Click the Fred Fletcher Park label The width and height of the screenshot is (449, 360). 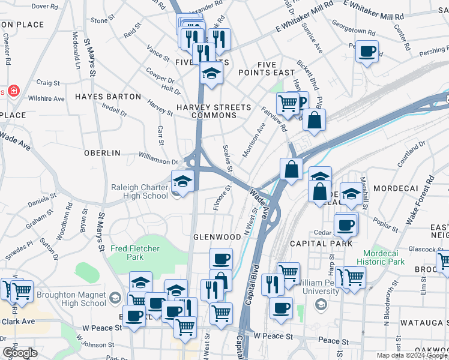click(127, 253)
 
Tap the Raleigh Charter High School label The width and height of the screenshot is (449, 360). click(139, 191)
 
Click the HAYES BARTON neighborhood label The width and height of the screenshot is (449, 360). click(107, 97)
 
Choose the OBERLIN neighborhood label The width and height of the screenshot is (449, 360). click(103, 153)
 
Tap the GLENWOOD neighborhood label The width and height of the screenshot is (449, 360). click(217, 237)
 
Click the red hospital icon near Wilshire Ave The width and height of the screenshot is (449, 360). click(13, 92)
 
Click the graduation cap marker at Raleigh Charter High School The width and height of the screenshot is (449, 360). click(182, 180)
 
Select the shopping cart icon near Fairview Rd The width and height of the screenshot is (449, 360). click(288, 103)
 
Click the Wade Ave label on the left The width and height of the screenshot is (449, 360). click(16, 142)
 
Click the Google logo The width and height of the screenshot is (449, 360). click(19, 353)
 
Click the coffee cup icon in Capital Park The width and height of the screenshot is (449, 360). click(345, 225)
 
